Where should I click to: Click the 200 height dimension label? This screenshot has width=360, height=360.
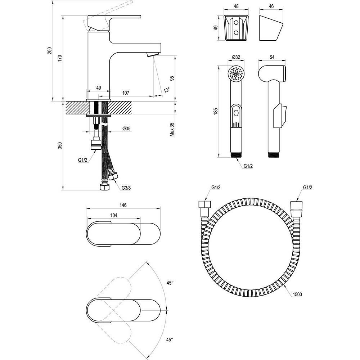50,51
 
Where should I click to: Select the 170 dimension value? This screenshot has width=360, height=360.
60,57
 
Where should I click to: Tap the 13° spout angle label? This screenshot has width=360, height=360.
166,90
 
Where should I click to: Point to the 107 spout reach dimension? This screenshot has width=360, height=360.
126,93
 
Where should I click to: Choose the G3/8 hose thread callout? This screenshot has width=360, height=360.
126,188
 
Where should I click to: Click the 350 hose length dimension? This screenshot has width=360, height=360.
60,145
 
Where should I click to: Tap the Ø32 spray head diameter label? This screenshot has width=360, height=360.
236,57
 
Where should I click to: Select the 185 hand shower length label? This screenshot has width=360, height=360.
215,111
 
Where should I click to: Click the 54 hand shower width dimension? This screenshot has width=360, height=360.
272,57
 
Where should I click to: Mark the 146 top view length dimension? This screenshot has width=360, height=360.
123,205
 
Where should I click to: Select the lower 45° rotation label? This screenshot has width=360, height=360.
170,339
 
